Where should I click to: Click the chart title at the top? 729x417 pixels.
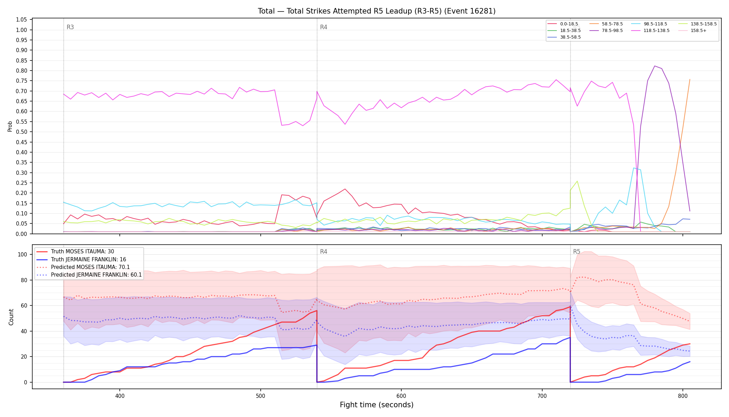tap(377, 11)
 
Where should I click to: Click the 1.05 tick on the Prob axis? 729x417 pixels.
tap(22, 19)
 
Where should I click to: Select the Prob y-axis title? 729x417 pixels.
tap(10, 126)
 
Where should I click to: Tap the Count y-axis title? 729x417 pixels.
tap(11, 317)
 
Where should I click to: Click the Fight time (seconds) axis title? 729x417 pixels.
tap(377, 405)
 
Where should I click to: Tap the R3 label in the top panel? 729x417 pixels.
tap(70, 27)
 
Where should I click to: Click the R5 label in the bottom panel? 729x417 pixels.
tap(577, 252)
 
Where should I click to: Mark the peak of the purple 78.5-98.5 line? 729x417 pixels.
tap(654, 66)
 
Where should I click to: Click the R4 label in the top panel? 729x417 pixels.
tap(324, 27)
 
